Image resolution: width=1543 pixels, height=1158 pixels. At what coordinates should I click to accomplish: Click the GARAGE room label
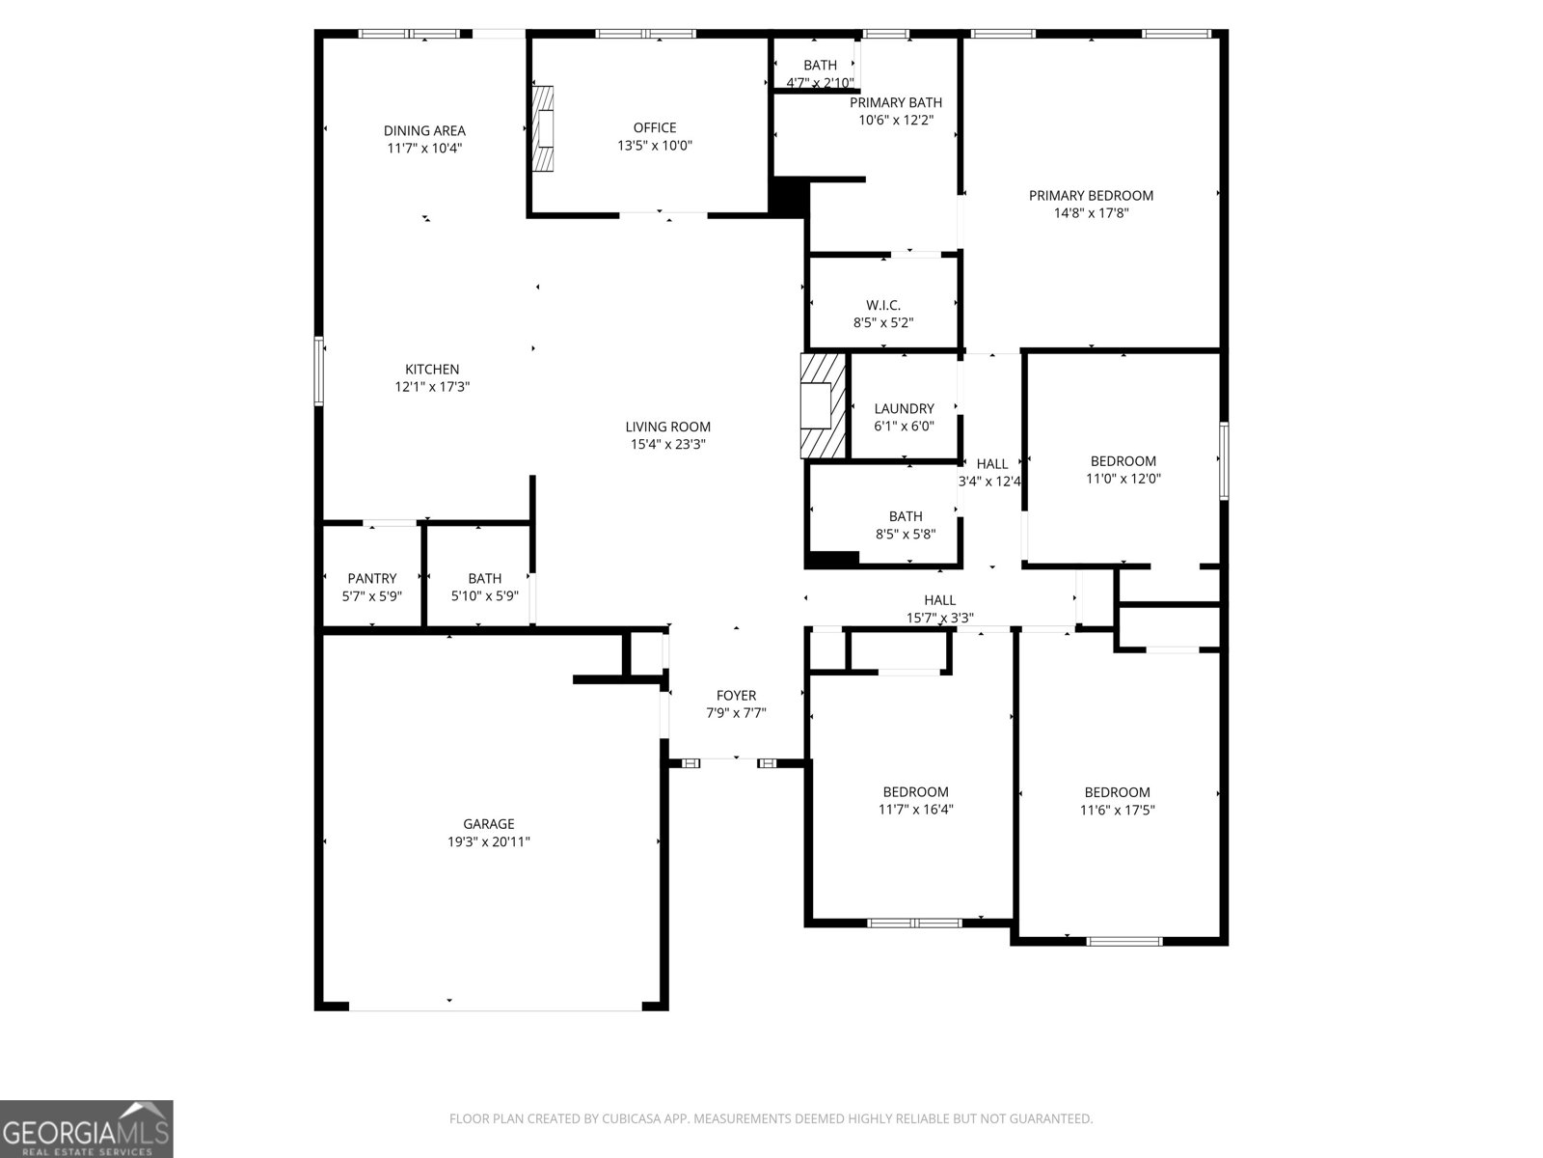tap(488, 824)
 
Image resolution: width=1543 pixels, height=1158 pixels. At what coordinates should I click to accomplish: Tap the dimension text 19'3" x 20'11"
tap(488, 841)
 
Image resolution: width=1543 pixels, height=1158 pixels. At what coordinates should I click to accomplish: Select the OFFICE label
tap(655, 127)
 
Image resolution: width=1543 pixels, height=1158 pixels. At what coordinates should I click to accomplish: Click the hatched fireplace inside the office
tap(546, 128)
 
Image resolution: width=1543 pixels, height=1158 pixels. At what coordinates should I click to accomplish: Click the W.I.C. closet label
tap(882, 305)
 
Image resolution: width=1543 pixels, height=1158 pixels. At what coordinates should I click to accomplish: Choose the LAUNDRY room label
tap(904, 408)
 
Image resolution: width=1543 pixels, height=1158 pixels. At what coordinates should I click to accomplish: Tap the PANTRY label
tap(371, 579)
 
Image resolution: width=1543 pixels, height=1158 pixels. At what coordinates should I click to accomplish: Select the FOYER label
tap(736, 696)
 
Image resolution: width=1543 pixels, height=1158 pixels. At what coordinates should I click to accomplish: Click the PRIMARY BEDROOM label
tap(1091, 195)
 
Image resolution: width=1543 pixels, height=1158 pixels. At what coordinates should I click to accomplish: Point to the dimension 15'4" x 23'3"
tap(667, 444)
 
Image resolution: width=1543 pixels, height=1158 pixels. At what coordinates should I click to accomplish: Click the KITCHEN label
tap(432, 369)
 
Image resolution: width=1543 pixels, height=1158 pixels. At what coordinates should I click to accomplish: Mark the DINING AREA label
tap(424, 130)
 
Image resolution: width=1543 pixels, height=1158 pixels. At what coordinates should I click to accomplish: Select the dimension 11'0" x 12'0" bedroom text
tap(1123, 479)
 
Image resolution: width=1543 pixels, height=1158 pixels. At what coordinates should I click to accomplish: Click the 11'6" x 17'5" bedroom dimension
tap(1117, 811)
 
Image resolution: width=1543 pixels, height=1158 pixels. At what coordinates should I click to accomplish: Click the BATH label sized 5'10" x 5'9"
tap(484, 579)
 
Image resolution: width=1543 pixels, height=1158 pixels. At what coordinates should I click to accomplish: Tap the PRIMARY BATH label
tap(896, 102)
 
